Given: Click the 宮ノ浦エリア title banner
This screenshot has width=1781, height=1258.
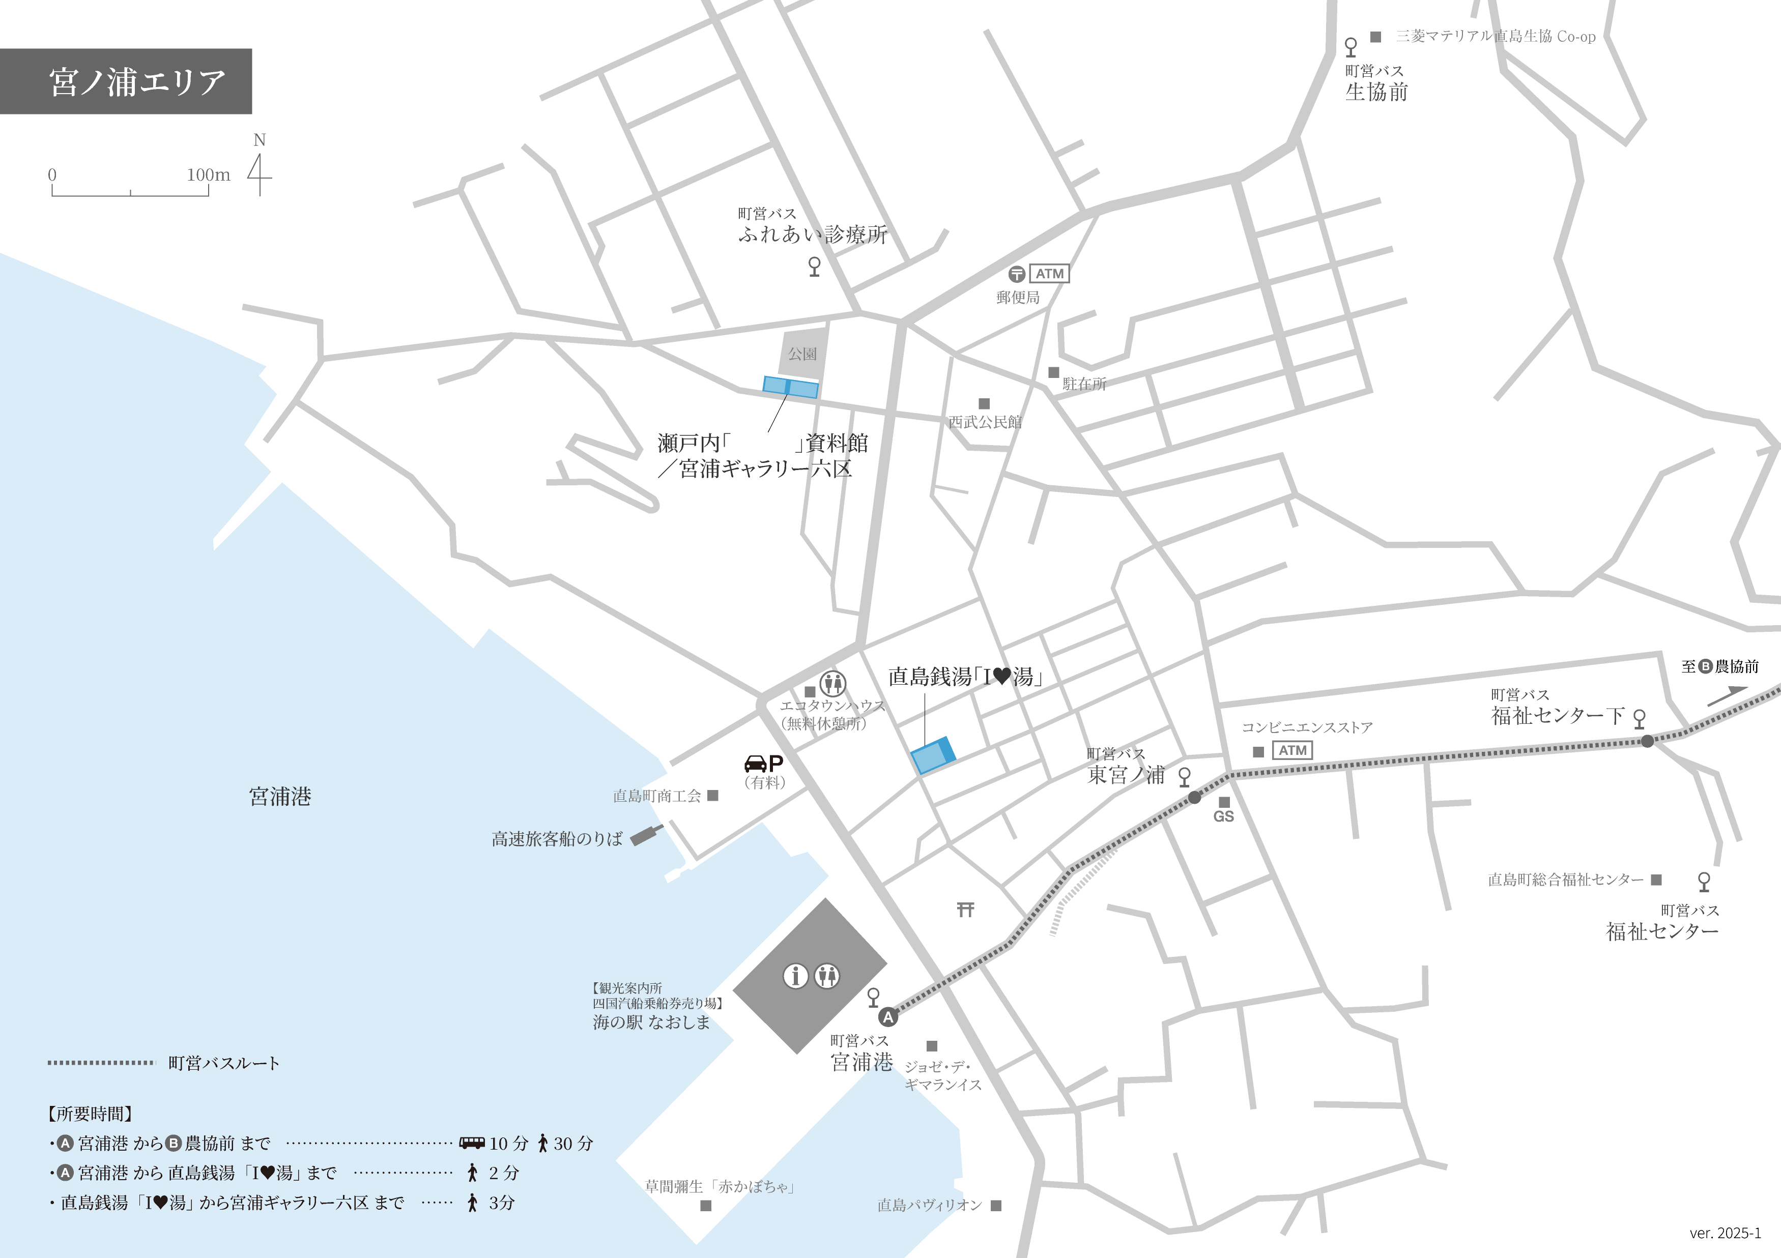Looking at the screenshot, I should click(x=126, y=81).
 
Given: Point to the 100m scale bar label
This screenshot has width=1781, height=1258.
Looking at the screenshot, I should click(x=208, y=174).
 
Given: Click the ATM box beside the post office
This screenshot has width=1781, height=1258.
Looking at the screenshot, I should click(x=1049, y=274).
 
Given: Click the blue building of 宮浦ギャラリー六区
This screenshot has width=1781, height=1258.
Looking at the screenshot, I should click(x=790, y=387).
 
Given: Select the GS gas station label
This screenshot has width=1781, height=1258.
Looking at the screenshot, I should click(x=1223, y=816).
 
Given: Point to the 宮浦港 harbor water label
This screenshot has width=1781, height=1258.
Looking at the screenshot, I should click(x=280, y=797).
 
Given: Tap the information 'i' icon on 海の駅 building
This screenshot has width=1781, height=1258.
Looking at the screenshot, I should click(x=795, y=975).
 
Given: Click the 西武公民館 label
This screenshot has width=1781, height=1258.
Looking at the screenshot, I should click(x=985, y=422).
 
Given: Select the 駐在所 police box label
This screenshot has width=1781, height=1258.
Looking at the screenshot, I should click(x=1084, y=384).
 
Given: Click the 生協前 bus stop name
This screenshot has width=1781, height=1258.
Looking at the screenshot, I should click(x=1376, y=92).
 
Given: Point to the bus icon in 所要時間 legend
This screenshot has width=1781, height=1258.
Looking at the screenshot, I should click(x=472, y=1143).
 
